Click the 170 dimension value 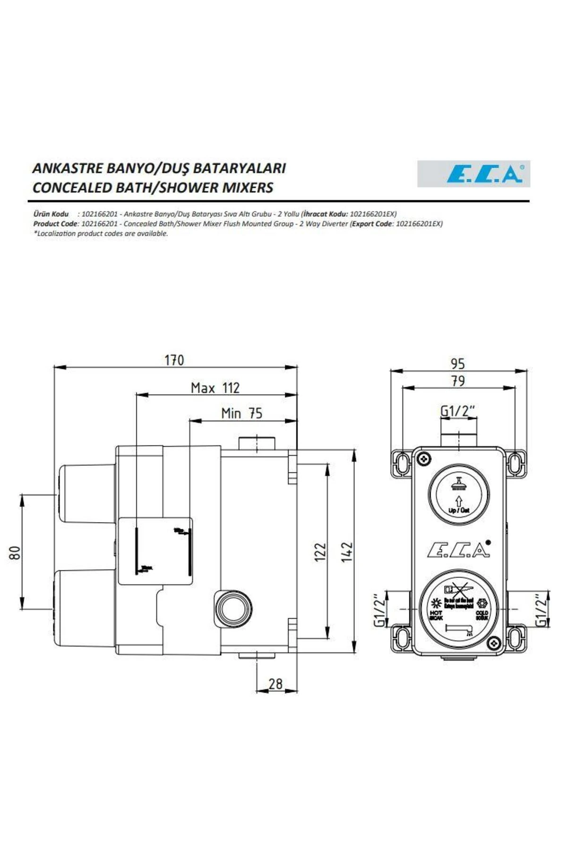click(x=174, y=360)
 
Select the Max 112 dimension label click(x=215, y=388)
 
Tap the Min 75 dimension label click(x=241, y=413)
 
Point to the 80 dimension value click(x=15, y=552)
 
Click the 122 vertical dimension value click(x=320, y=552)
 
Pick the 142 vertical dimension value click(x=347, y=552)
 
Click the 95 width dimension click(x=457, y=364)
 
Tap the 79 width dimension click(x=457, y=381)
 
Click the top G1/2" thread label click(x=457, y=411)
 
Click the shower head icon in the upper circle click(x=458, y=483)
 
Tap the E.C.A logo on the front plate click(x=458, y=549)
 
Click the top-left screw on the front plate click(x=424, y=458)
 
